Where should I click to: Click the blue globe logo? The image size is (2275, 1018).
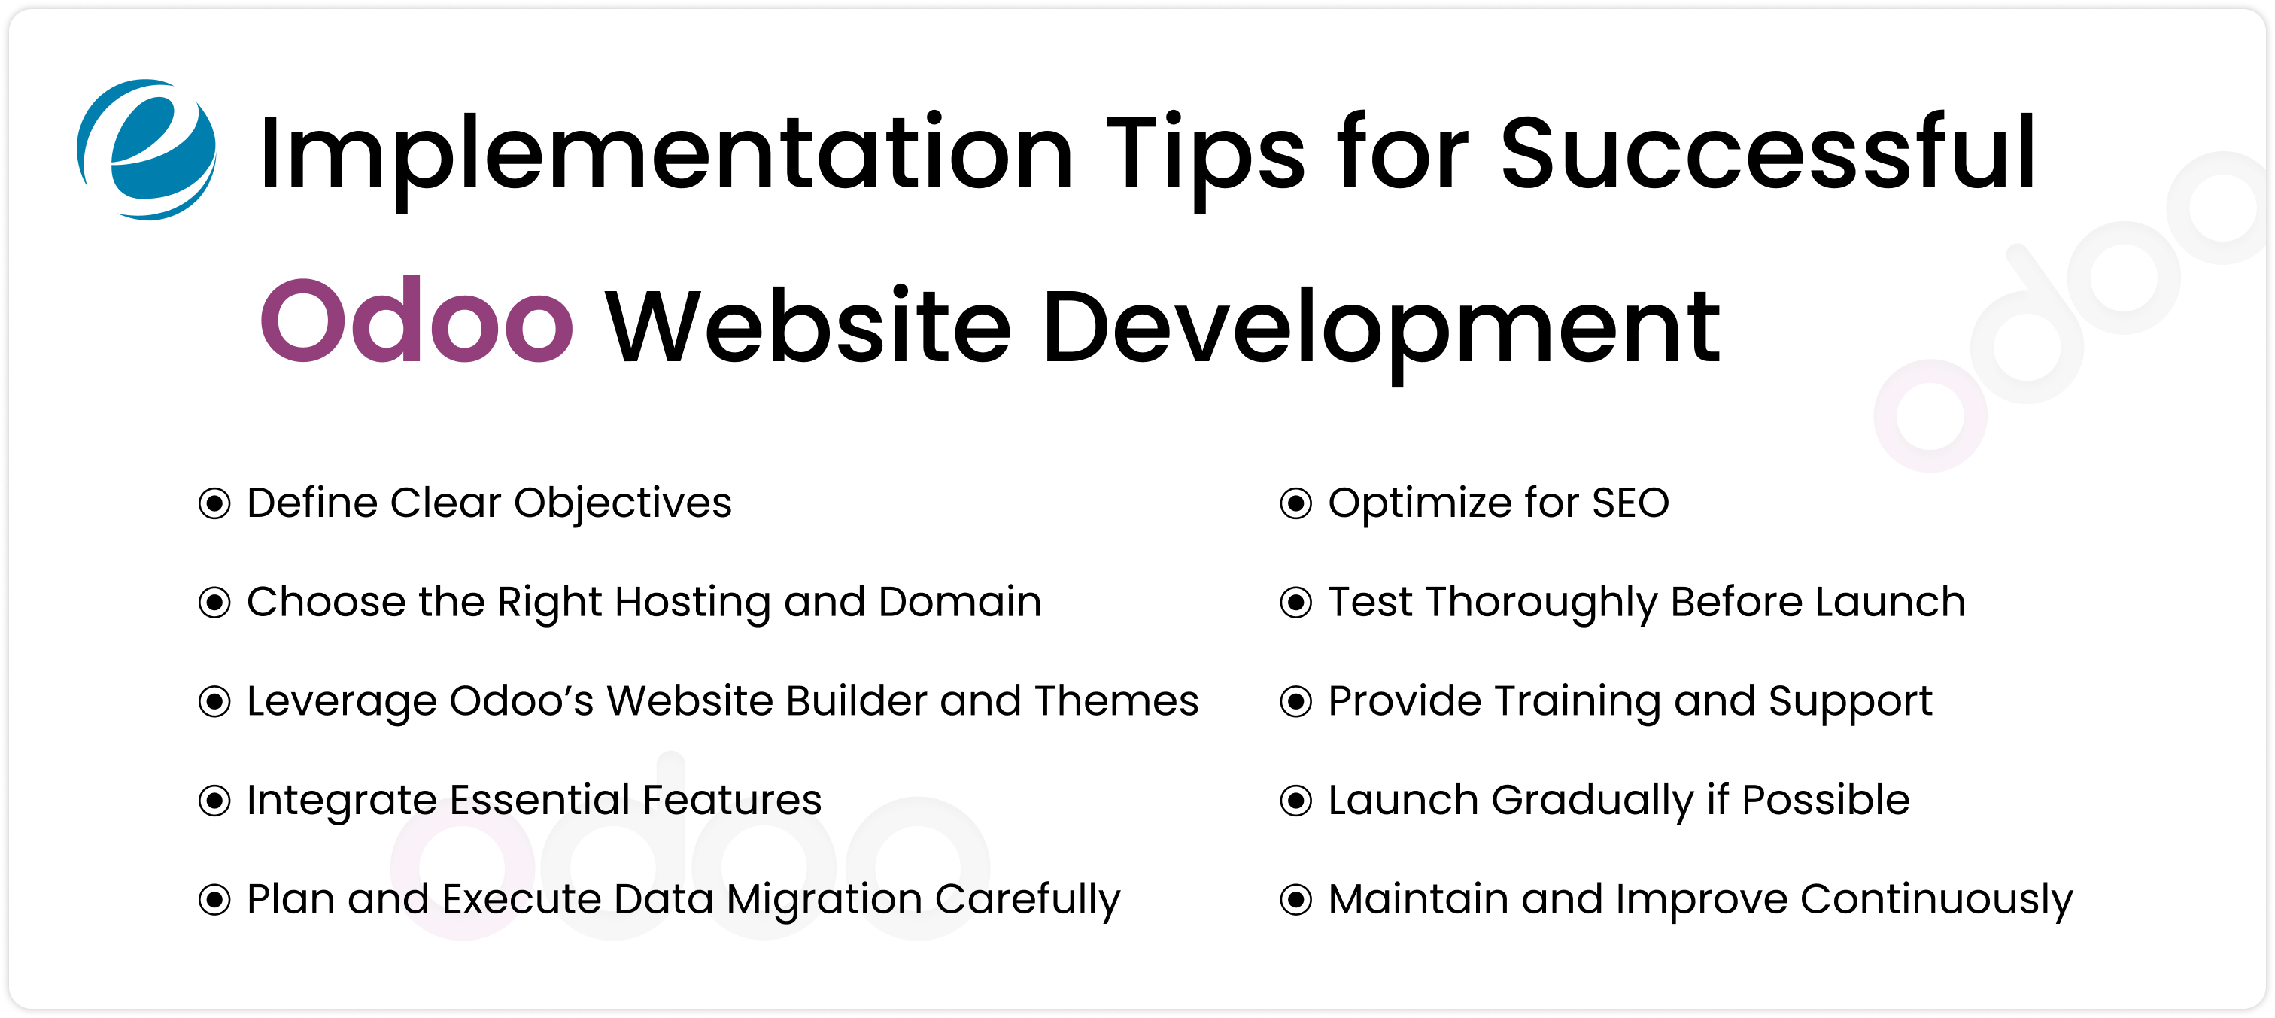[147, 149]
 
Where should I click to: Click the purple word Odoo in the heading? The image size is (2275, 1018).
[417, 321]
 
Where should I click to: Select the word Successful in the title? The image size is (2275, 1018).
[1767, 154]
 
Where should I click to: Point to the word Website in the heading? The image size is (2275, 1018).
[808, 327]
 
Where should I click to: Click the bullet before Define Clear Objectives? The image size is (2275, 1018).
[214, 504]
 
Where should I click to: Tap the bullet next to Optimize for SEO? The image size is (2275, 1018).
[1295, 504]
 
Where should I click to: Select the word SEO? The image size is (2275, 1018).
[1630, 503]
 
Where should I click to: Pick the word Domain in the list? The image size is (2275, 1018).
[959, 602]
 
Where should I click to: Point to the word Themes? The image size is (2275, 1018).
[1116, 701]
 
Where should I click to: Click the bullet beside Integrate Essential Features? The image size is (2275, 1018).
[214, 801]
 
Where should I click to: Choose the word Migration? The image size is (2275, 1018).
[825, 901]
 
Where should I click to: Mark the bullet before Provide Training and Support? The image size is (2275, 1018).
[1295, 702]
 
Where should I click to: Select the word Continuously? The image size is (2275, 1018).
[1936, 901]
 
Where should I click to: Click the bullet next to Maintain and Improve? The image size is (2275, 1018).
[1295, 900]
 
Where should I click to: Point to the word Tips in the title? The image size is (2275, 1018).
[1204, 154]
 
